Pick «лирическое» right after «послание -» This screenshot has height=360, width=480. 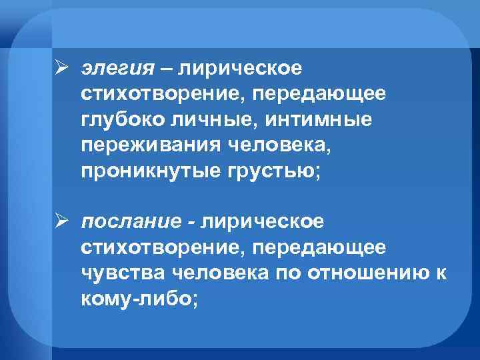point(262,221)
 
